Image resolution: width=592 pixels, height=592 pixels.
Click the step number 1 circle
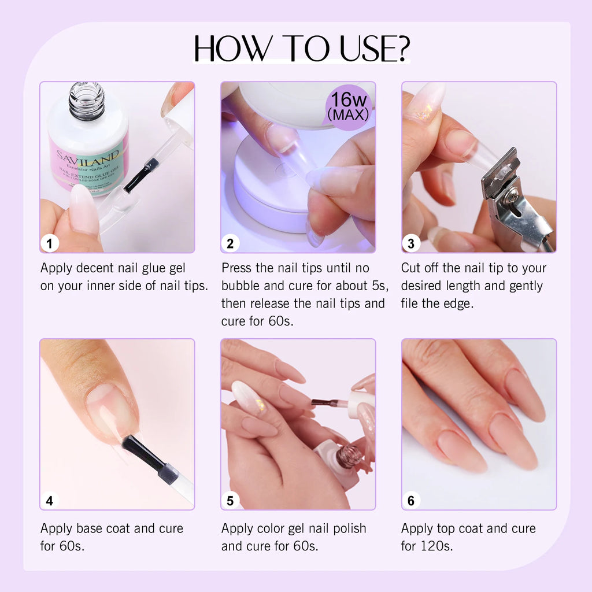point(50,243)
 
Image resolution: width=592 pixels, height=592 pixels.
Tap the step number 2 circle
point(230,243)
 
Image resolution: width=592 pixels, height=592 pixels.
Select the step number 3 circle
point(411,243)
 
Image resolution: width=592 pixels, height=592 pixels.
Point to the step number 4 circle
point(50,501)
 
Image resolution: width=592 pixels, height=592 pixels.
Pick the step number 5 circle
point(230,501)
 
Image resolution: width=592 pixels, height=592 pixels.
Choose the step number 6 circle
point(411,501)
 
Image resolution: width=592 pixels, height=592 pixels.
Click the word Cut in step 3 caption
point(412,268)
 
